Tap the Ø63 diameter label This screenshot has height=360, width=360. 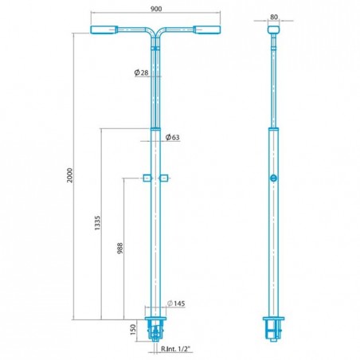pos(173,138)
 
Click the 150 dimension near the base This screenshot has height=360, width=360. pos(132,330)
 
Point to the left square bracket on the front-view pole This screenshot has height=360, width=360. pos(145,177)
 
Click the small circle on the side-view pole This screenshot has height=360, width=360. pos(274,178)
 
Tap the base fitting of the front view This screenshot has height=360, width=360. pos(155,330)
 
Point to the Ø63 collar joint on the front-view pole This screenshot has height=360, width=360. pos(155,127)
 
